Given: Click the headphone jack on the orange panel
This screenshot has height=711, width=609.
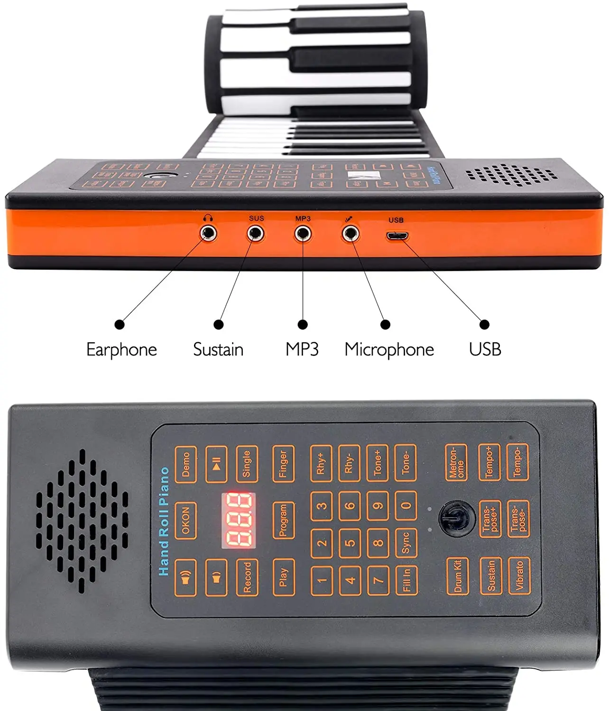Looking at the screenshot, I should (x=208, y=233).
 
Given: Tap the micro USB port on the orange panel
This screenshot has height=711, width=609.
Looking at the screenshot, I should (x=397, y=236).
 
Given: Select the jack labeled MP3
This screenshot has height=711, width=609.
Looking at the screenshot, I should (x=303, y=234).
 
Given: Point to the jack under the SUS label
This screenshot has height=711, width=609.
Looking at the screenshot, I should (x=256, y=233).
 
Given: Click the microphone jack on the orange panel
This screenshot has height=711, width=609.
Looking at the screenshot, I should (x=351, y=233).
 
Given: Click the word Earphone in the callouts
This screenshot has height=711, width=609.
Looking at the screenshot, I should (x=121, y=350).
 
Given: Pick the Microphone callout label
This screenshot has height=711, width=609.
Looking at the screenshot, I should (x=389, y=350).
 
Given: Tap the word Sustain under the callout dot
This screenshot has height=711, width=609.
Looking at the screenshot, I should (x=218, y=350).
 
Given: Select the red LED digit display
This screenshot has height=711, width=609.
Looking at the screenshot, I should (x=239, y=520).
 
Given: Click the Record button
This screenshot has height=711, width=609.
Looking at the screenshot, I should (x=247, y=577).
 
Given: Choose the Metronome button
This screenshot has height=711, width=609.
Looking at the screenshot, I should (x=456, y=463).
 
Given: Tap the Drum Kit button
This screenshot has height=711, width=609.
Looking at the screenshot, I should (x=458, y=576).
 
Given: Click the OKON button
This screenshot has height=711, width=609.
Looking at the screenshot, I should (x=185, y=520).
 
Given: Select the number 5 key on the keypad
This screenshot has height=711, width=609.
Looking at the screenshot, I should (x=350, y=543).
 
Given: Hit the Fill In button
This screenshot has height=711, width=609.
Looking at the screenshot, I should (x=406, y=580).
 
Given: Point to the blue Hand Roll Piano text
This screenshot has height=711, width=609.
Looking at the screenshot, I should (x=164, y=521).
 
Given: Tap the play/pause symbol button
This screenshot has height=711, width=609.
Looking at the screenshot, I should (x=216, y=464).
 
